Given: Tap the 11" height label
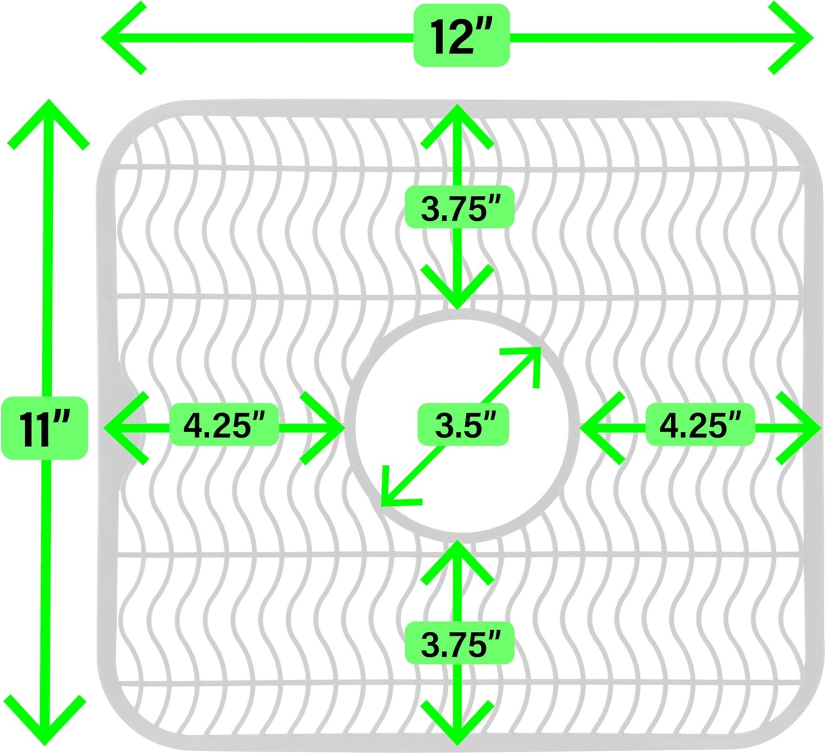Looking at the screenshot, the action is (x=45, y=428).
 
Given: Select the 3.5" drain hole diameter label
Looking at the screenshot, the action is (x=463, y=425).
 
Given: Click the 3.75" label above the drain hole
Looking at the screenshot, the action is (x=459, y=207).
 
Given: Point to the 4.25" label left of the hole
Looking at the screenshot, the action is (x=225, y=425).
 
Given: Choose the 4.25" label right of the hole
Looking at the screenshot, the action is (x=700, y=425).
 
